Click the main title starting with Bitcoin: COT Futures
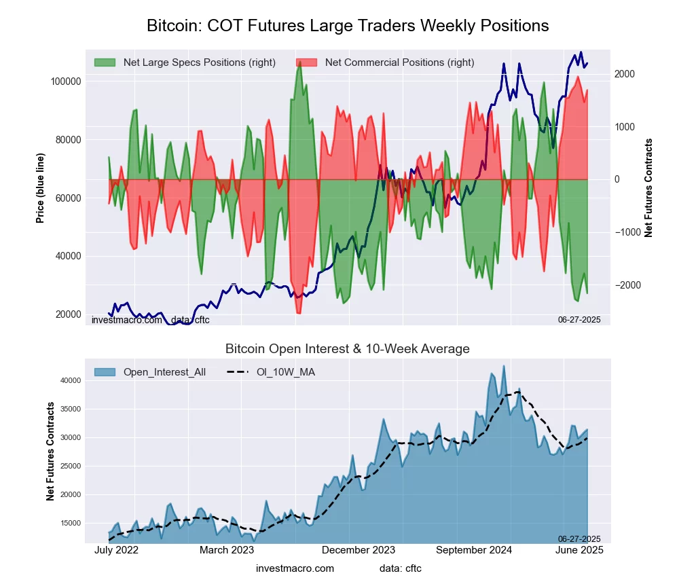tap(348, 26)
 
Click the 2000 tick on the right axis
tap(627, 74)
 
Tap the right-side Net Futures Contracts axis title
tap(648, 187)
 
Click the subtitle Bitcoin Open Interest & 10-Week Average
tap(348, 349)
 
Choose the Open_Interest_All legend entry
tap(164, 371)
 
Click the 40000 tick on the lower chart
tap(71, 381)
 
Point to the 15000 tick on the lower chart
tap(71, 523)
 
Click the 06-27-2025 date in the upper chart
tap(579, 318)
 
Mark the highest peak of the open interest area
tap(504, 366)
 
